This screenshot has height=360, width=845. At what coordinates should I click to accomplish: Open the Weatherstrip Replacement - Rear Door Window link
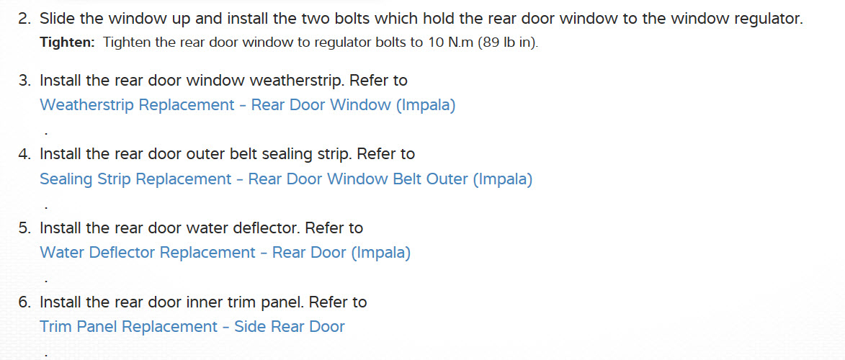tap(247, 105)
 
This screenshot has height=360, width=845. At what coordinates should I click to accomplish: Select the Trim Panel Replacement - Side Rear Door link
tap(192, 327)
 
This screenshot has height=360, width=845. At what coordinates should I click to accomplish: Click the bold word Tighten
tap(67, 42)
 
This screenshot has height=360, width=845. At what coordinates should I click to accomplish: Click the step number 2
tap(24, 19)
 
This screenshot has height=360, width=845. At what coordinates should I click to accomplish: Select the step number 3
tap(24, 80)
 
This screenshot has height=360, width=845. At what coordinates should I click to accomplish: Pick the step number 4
tap(24, 154)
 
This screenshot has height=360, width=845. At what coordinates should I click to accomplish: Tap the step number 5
tap(24, 228)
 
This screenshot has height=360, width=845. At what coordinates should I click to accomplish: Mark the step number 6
tap(24, 302)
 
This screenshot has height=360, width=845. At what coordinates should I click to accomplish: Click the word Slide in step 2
tap(55, 19)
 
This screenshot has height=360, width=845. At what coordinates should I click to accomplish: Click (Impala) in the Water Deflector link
tap(381, 253)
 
